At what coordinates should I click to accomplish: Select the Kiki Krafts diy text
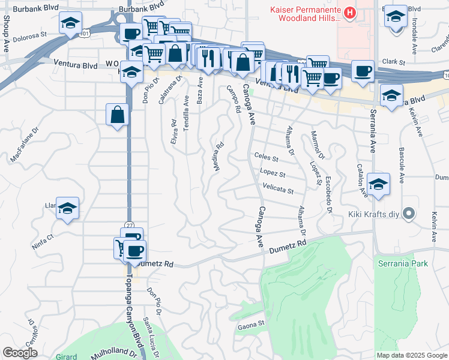point(372,214)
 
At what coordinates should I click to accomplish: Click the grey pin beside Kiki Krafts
point(409,214)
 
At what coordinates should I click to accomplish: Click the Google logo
point(20,353)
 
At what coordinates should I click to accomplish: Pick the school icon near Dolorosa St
point(70,23)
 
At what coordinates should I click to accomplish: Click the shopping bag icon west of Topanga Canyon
point(118,114)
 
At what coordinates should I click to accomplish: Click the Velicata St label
point(278,191)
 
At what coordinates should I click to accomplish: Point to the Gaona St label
point(251,324)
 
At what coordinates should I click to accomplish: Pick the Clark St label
point(394,62)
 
